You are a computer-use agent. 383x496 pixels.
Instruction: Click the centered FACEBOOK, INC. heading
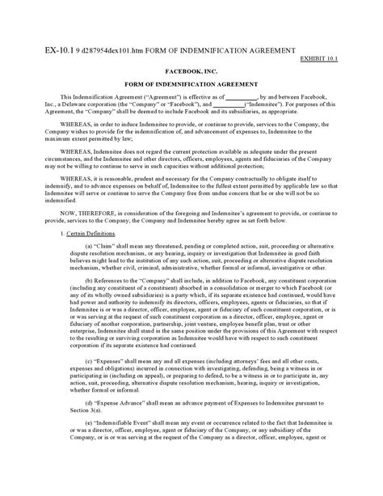click(191, 70)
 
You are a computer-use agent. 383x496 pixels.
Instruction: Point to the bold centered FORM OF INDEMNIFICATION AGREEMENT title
click(191, 85)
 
